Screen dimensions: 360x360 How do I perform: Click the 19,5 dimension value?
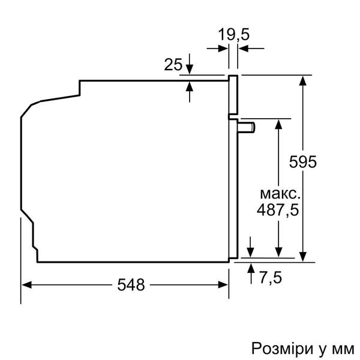click(x=233, y=34)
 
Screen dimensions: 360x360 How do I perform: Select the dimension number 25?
click(x=173, y=65)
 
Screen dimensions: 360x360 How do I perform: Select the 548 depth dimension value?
click(x=131, y=285)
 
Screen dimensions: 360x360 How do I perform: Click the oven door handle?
click(x=247, y=127)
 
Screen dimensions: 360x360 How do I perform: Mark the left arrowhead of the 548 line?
click(x=27, y=285)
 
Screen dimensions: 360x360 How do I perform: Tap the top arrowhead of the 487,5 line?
click(x=278, y=123)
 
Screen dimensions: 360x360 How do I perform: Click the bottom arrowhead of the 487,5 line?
click(x=278, y=253)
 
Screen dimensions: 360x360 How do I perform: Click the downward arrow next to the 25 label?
click(x=190, y=67)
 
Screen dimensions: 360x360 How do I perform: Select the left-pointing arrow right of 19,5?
click(x=243, y=49)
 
